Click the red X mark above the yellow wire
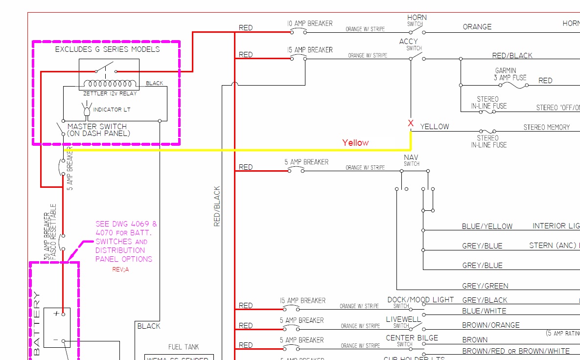click(x=411, y=123)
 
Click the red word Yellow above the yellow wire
click(x=355, y=143)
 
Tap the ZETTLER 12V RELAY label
click(x=110, y=93)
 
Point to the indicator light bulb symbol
click(x=88, y=110)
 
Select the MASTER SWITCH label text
click(x=97, y=130)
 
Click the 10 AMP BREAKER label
click(x=310, y=23)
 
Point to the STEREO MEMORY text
click(x=547, y=127)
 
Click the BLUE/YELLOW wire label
click(x=487, y=226)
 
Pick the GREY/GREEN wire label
click(x=485, y=286)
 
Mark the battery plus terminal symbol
click(x=56, y=313)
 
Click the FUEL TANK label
click(x=184, y=347)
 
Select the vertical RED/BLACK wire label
click(x=217, y=206)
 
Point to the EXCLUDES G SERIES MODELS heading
click(x=107, y=49)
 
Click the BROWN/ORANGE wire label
click(x=491, y=325)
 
